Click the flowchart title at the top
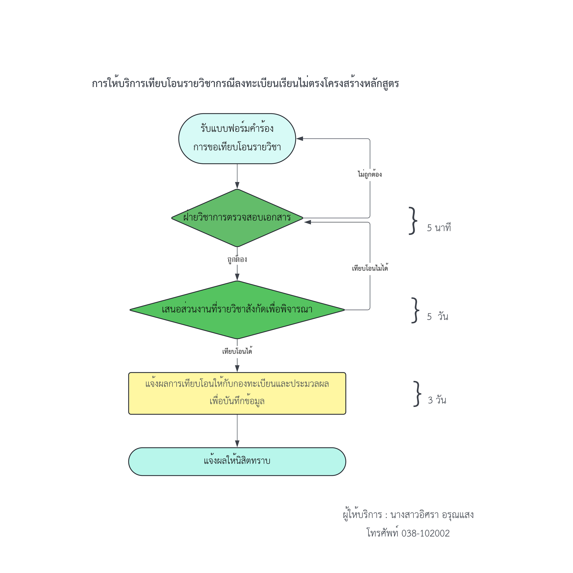click(x=245, y=84)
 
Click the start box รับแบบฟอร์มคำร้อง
click(x=237, y=139)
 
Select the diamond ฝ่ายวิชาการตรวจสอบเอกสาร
click(x=237, y=218)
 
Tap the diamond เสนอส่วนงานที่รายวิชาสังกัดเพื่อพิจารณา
click(x=237, y=310)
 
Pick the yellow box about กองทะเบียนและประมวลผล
click(x=237, y=393)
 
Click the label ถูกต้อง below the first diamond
click(x=237, y=259)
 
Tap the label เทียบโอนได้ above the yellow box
click(x=237, y=351)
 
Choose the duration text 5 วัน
click(x=437, y=317)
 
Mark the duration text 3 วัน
click(x=437, y=400)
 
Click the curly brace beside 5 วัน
click(x=415, y=310)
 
